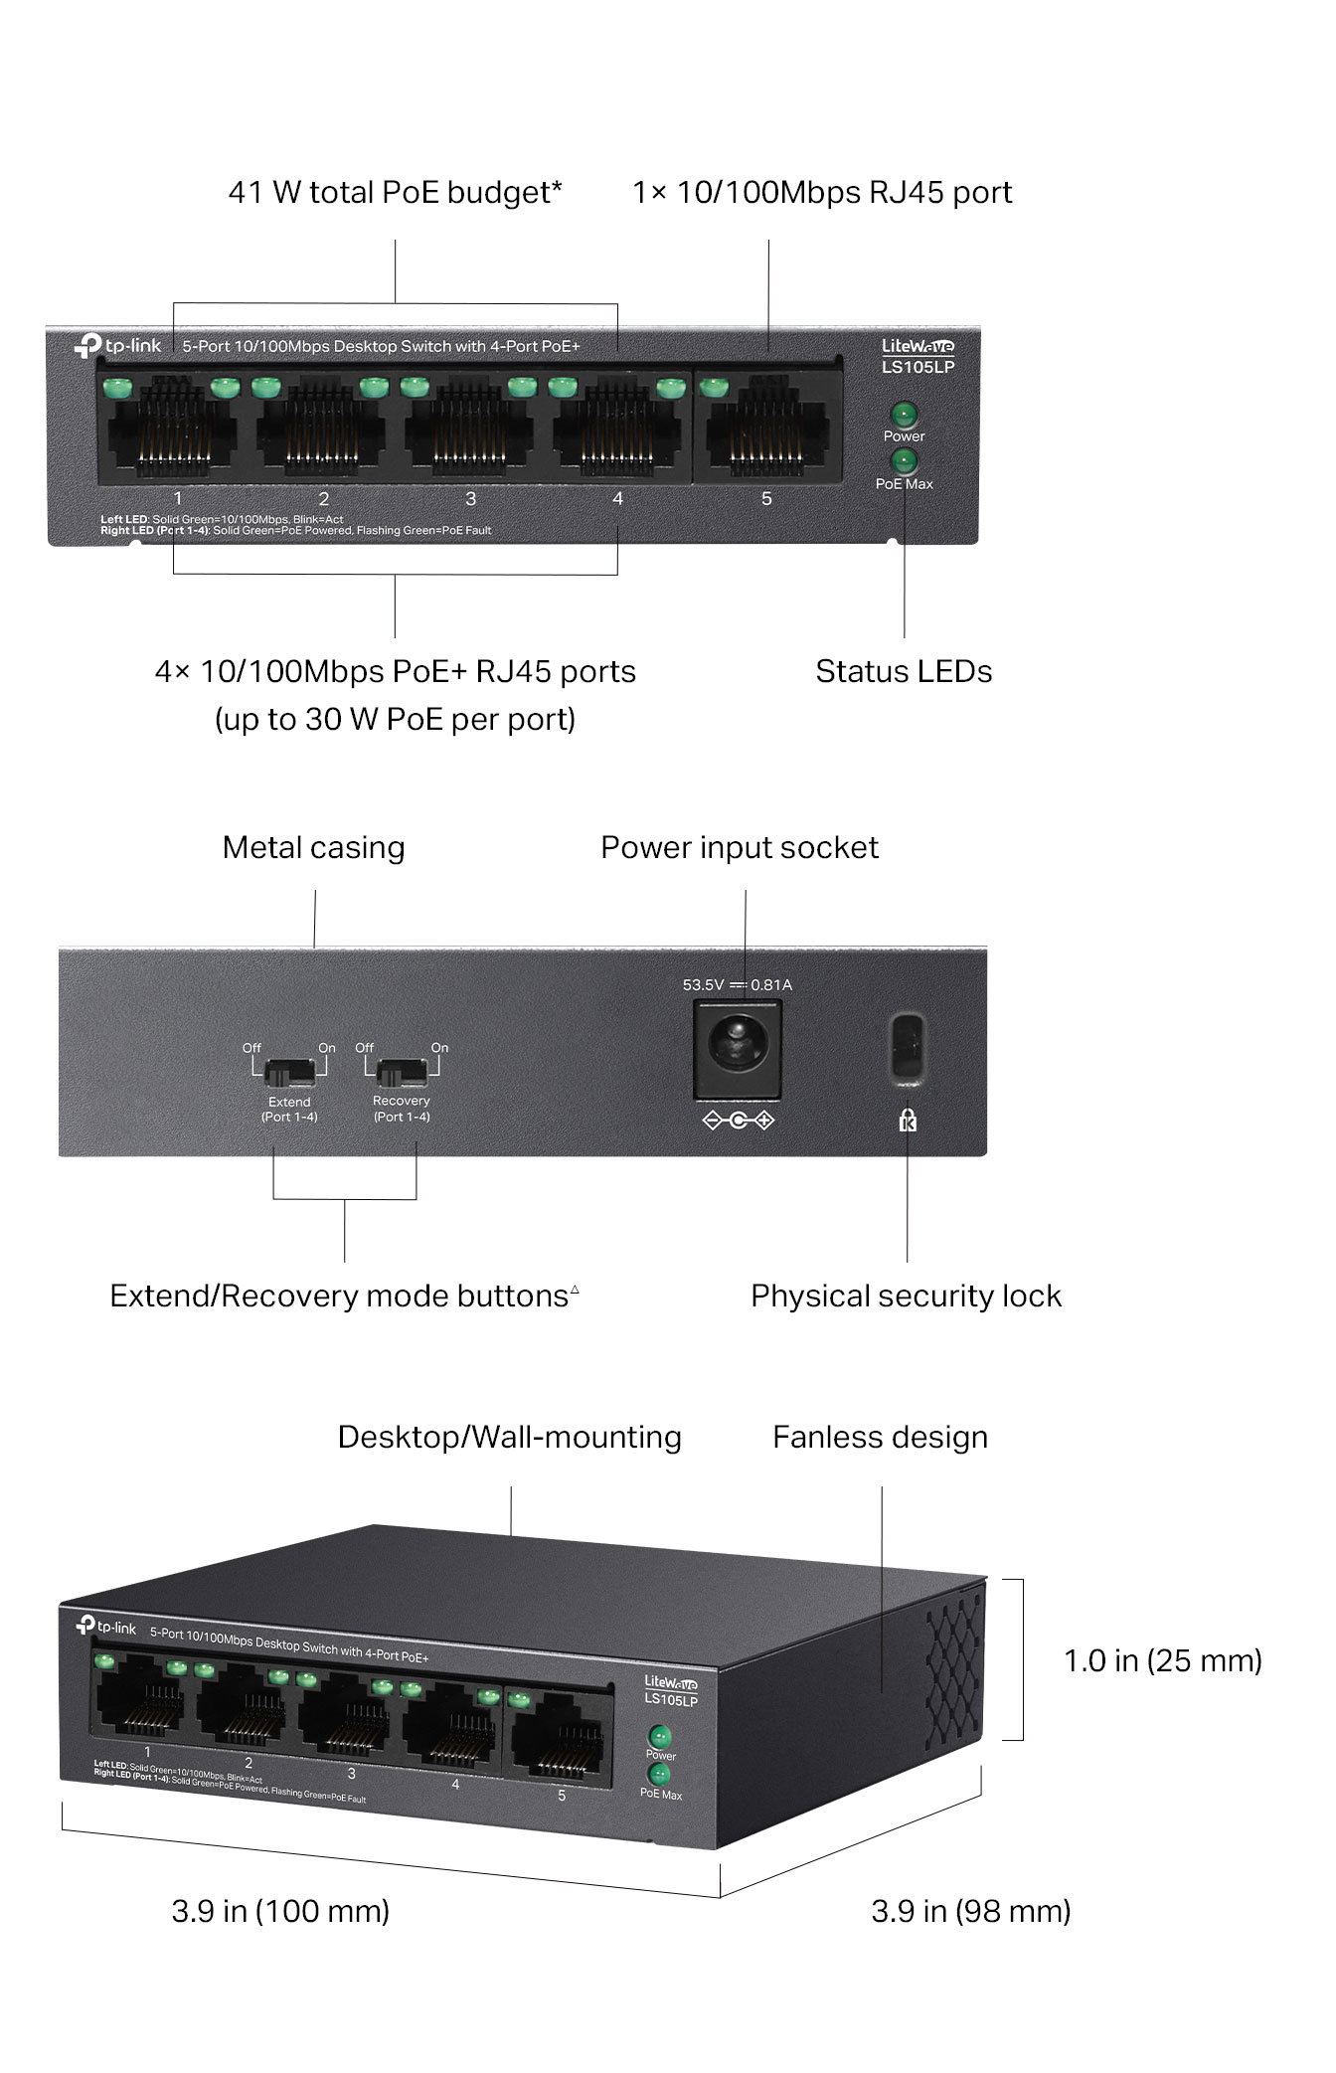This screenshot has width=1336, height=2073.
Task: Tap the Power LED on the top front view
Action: [x=904, y=414]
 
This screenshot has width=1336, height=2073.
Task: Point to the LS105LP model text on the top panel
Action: [x=918, y=367]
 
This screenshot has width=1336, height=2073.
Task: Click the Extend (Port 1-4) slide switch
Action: [x=289, y=1072]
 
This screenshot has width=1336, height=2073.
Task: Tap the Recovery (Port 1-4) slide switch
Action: [x=402, y=1072]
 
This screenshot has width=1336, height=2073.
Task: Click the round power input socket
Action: [x=737, y=1048]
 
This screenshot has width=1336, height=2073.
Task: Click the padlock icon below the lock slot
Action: [x=908, y=1121]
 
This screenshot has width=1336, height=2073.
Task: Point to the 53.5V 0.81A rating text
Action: [x=737, y=985]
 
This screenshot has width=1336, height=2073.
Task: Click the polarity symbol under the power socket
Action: [x=738, y=1121]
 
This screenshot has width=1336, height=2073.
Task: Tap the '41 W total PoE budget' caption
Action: [x=395, y=192]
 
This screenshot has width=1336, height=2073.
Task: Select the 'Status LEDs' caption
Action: [x=904, y=671]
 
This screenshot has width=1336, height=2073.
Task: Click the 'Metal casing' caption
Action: [x=313, y=847]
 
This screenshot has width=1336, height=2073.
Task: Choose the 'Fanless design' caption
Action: [x=880, y=1437]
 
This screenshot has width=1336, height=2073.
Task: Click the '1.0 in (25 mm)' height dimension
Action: [x=1162, y=1660]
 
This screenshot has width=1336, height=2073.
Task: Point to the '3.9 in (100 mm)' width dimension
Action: [x=280, y=1911]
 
